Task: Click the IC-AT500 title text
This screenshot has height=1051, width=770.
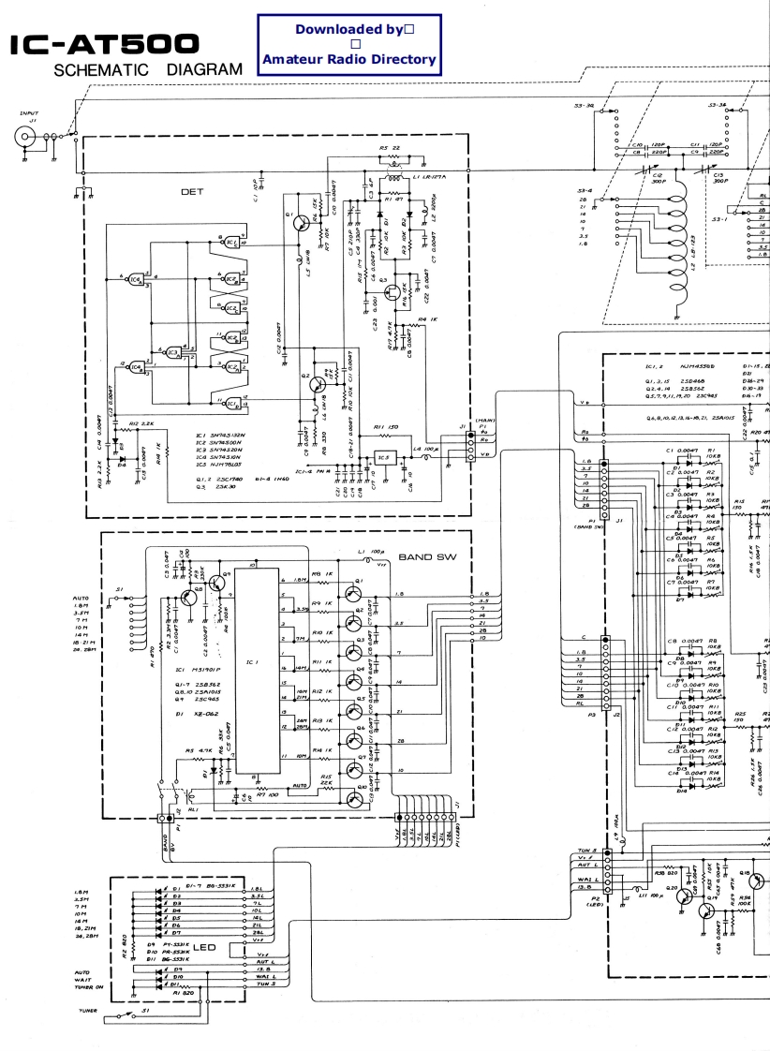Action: point(104,44)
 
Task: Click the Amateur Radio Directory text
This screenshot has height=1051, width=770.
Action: point(349,60)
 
